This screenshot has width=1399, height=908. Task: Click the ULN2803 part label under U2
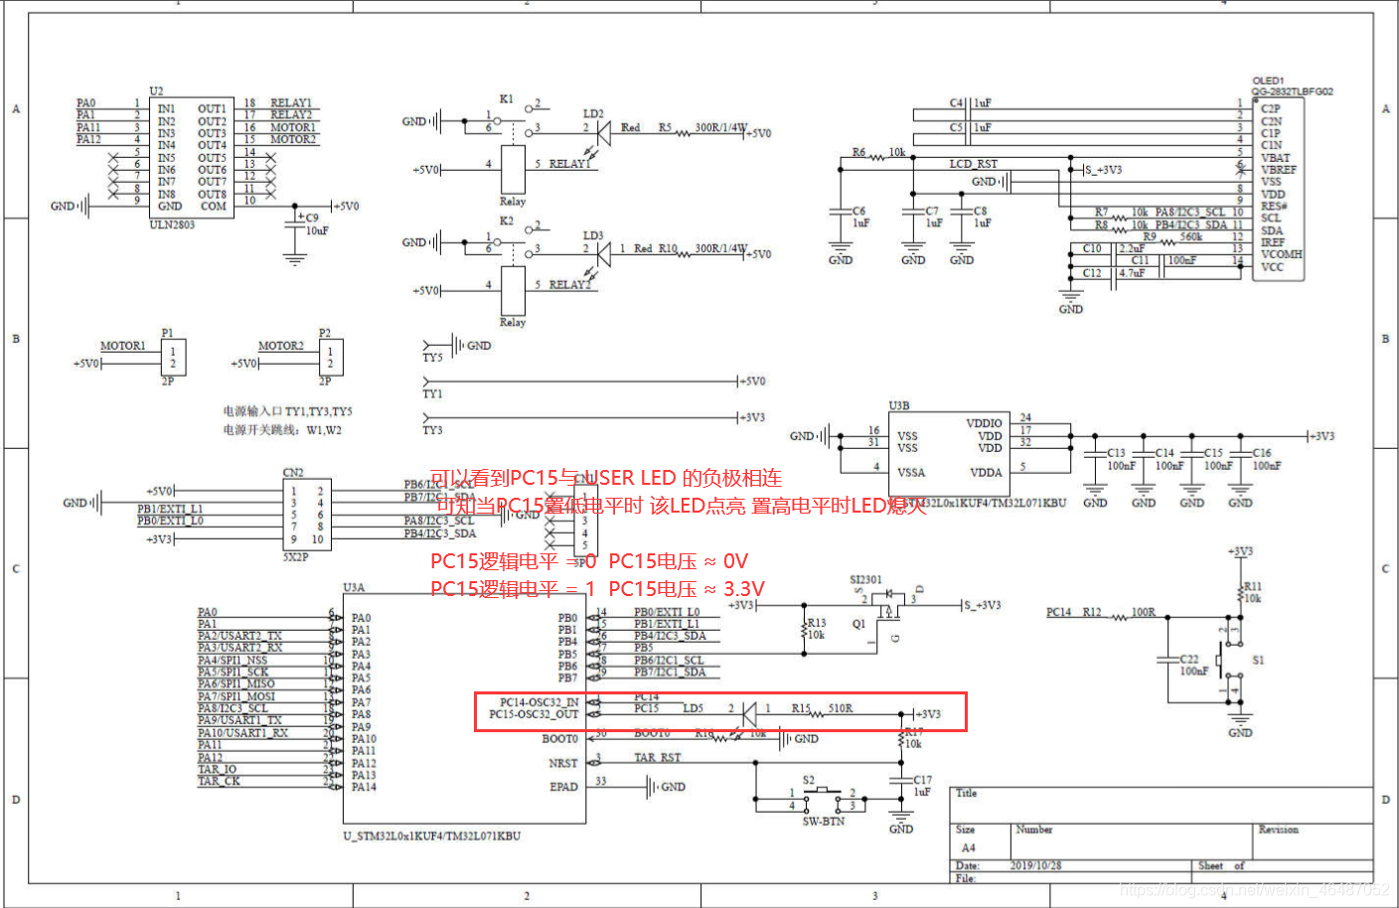point(172,225)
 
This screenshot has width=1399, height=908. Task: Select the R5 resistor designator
point(665,127)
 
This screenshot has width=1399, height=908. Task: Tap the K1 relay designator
point(506,99)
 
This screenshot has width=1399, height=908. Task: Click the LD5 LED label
point(693,708)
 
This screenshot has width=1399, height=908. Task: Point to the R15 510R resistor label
point(822,708)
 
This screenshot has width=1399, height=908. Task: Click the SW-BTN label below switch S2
point(823,822)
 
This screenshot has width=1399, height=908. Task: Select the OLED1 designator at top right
point(1268,80)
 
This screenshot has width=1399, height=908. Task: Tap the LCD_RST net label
point(973,164)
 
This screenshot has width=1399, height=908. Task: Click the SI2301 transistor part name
point(865,579)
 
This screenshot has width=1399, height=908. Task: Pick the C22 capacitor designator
point(1188,659)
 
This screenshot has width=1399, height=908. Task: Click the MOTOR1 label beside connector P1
point(122,346)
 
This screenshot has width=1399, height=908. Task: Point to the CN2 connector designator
point(293,473)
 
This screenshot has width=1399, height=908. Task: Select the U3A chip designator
point(354,587)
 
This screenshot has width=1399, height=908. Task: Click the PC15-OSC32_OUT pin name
point(534,714)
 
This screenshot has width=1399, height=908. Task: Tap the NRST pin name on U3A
point(562,763)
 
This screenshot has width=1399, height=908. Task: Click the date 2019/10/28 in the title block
point(1035,865)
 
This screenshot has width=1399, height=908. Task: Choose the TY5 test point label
point(432,358)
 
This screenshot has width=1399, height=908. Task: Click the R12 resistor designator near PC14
point(1091,612)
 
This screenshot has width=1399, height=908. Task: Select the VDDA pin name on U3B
point(986,473)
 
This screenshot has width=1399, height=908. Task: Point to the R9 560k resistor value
point(1190,237)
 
